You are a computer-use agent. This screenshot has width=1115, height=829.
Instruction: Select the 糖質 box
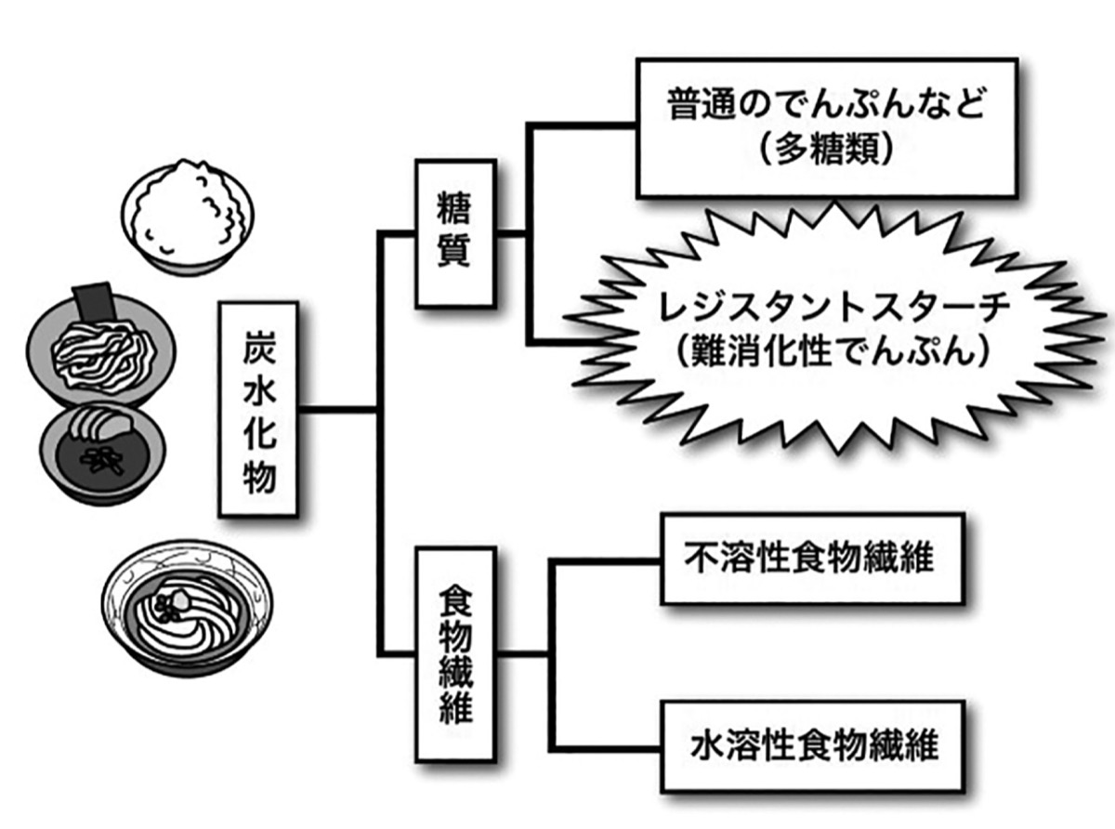[454, 233]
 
